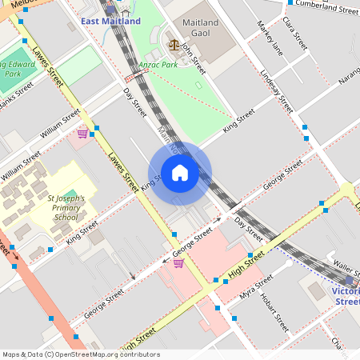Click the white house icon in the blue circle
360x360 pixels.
coord(180,173)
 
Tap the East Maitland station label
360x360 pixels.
coord(110,21)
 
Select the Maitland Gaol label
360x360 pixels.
coord(205,26)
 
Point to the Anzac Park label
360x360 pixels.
coord(159,65)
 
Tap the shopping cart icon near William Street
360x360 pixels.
coord(82,133)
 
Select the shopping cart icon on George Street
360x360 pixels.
coord(178,263)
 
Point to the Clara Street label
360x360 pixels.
coord(295,38)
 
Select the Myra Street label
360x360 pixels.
coord(256,289)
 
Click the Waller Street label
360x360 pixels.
coord(346,265)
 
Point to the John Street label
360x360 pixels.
coord(193,58)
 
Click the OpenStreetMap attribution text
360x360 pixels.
coord(82,354)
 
